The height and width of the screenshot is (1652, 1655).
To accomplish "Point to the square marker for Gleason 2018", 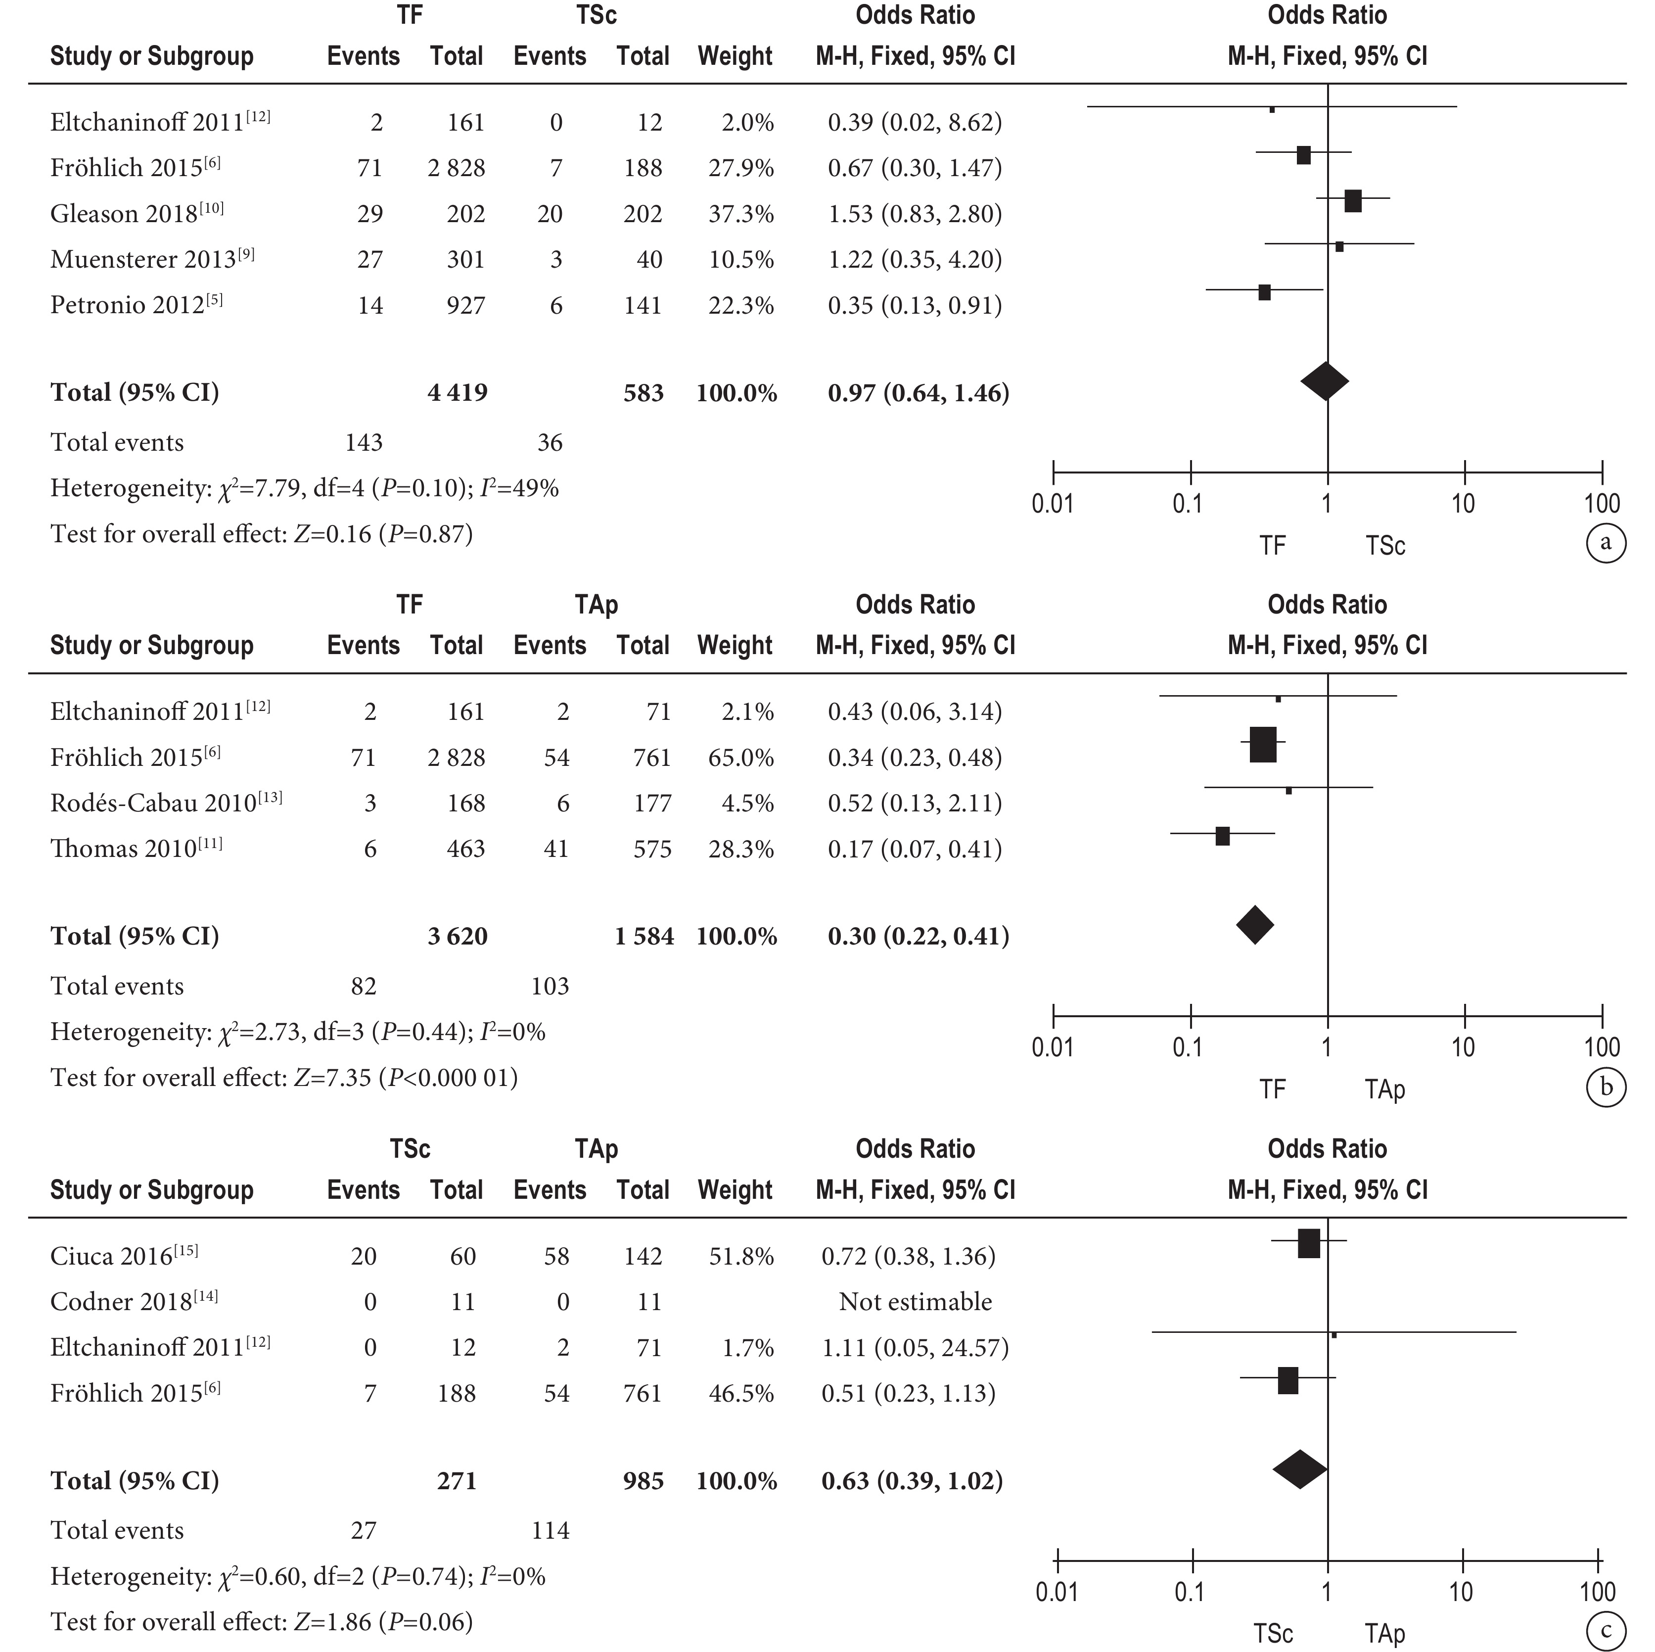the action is pos(1353,201).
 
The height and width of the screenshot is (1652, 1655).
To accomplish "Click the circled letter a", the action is pos(1606,542).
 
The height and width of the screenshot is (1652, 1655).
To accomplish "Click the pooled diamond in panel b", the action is pos(1255,925).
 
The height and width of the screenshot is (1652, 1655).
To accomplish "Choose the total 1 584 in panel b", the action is pos(644,936).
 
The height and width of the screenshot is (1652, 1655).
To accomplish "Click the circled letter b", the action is pos(1606,1086).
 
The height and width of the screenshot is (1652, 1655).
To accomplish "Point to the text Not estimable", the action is pos(915,1302).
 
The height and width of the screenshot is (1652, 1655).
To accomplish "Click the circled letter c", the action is pos(1606,1631).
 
